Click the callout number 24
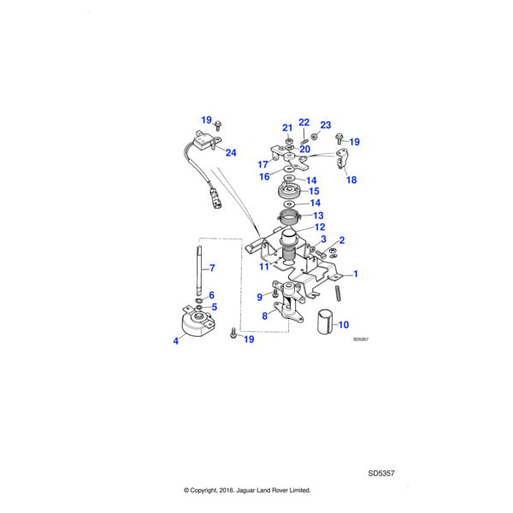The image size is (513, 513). (x=231, y=152)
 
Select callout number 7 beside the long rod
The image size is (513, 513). (x=212, y=268)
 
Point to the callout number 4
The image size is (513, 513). (x=175, y=340)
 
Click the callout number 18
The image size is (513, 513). (x=351, y=180)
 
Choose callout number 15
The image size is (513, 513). (x=314, y=192)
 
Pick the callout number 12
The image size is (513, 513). (x=319, y=227)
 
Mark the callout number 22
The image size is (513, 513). (x=304, y=122)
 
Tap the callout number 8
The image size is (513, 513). (x=264, y=315)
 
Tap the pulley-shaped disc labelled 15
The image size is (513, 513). (x=291, y=192)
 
